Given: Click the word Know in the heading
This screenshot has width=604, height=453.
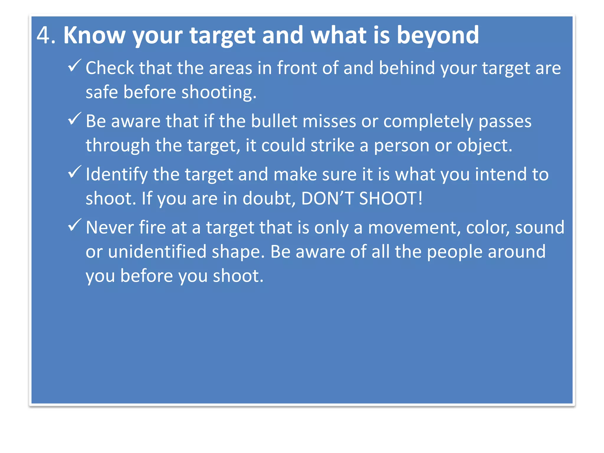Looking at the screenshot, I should click(94, 35).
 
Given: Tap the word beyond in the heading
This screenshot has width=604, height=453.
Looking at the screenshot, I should click(438, 35).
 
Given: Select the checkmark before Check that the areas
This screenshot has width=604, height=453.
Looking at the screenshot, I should click(74, 65).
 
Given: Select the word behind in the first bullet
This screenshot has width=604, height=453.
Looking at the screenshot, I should click(407, 68).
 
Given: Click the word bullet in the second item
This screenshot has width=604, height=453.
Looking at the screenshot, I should click(274, 121).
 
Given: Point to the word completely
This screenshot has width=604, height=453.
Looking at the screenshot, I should click(428, 122).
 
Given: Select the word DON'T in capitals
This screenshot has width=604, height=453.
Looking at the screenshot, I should click(327, 198).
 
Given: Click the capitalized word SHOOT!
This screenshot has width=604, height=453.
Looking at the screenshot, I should click(391, 198).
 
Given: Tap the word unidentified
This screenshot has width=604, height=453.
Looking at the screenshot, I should click(157, 252).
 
